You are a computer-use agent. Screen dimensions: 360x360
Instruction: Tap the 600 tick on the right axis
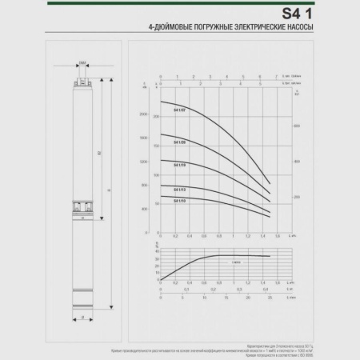pos(296,126)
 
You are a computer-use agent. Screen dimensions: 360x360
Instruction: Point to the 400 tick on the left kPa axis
pos(144,209)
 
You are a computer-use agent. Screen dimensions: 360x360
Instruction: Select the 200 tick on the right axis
pos(296,197)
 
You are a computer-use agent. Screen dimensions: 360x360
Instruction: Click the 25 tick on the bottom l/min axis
pos(270,298)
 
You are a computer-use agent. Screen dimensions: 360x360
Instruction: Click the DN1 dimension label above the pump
pos(84,62)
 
